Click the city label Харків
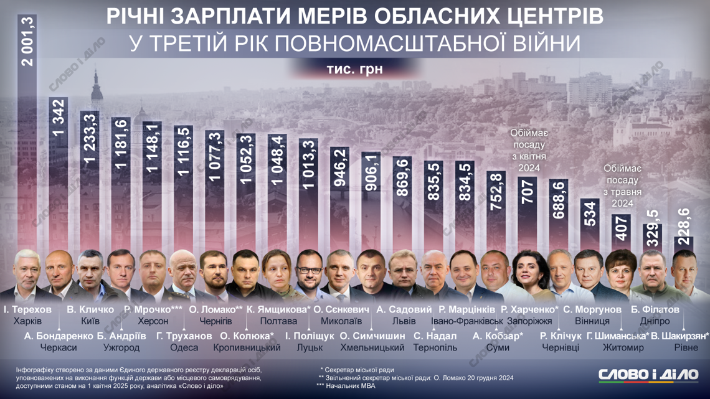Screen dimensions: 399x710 click(27, 322)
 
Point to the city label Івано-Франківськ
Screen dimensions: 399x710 click(466, 322)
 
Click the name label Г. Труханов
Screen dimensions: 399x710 click(184, 336)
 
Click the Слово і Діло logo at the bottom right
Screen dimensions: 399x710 click(648, 375)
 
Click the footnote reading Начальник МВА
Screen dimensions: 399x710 click(349, 385)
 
